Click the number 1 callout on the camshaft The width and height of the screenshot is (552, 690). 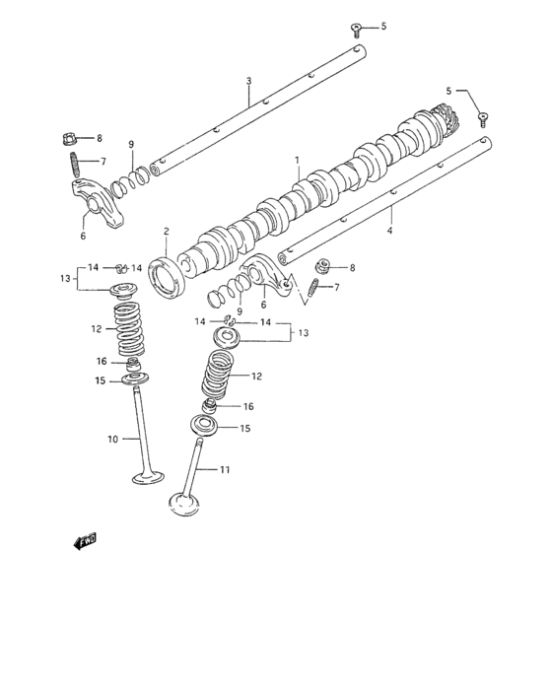[x=296, y=160]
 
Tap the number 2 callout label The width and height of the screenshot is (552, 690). [x=167, y=233]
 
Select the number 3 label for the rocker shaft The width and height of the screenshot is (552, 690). [x=248, y=81]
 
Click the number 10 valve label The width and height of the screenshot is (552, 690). [x=111, y=439]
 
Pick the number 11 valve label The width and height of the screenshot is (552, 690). [x=225, y=470]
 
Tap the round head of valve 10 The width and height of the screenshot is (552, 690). [x=148, y=479]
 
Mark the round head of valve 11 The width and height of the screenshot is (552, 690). [x=184, y=503]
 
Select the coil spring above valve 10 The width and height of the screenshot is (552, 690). [x=130, y=330]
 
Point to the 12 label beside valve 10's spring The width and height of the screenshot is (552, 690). [x=97, y=329]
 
